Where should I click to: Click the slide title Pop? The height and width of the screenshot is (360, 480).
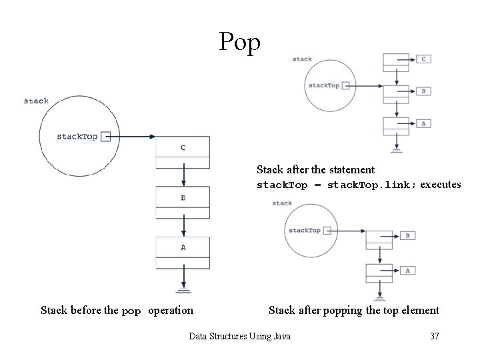click(240, 43)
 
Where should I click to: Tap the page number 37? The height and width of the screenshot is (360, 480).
click(434, 337)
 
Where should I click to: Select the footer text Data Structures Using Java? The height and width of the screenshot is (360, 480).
click(240, 337)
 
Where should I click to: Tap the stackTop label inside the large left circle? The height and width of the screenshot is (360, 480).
click(77, 137)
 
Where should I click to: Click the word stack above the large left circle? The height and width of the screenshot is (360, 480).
click(36, 101)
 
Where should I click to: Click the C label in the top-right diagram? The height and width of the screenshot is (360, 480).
click(423, 59)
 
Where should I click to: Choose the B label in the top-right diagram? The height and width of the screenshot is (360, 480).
click(423, 91)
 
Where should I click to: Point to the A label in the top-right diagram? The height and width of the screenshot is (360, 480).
click(423, 123)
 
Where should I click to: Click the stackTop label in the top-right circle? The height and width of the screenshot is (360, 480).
click(323, 85)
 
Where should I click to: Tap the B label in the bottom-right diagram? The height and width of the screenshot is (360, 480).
click(407, 235)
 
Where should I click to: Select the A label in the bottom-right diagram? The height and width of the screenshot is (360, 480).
click(407, 271)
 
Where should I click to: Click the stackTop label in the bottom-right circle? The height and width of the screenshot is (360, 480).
click(304, 231)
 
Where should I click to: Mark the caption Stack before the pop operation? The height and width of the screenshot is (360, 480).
click(117, 310)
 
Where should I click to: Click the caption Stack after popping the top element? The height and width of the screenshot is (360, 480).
click(353, 310)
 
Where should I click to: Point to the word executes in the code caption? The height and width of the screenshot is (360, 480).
click(440, 185)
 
